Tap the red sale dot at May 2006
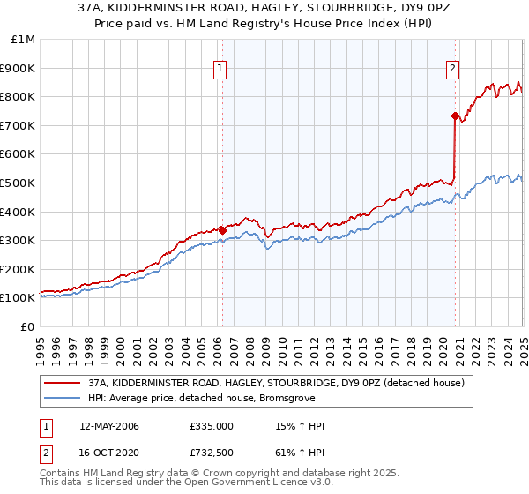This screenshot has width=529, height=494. pyautogui.click(x=222, y=230)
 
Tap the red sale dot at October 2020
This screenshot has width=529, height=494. pyautogui.click(x=455, y=116)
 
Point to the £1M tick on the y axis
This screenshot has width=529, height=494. pyautogui.click(x=24, y=40)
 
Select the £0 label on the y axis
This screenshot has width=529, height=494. pyautogui.click(x=28, y=326)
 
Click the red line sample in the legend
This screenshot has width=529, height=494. pyautogui.click(x=63, y=382)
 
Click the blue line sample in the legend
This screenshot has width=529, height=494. pyautogui.click(x=63, y=398)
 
